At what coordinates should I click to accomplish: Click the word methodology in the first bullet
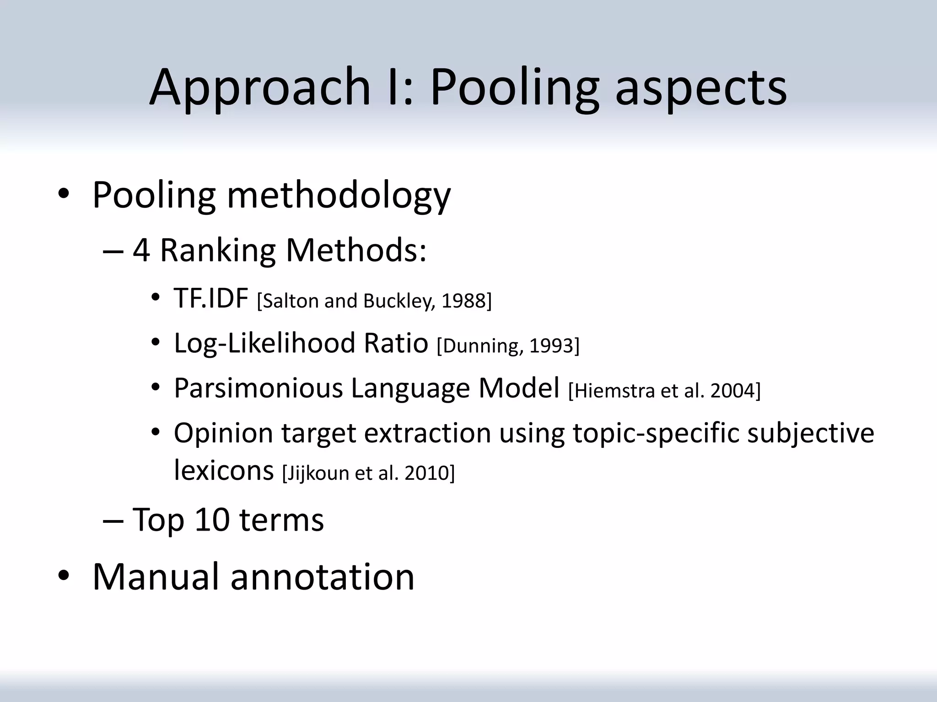[x=339, y=196]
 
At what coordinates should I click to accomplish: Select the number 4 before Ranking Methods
[x=141, y=250]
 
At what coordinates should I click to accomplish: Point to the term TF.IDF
[x=211, y=299]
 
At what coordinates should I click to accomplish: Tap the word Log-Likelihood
[x=264, y=343]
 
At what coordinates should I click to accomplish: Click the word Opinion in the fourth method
[x=223, y=433]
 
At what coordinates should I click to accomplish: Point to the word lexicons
[x=224, y=471]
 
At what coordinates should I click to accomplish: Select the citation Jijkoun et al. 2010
[x=369, y=473]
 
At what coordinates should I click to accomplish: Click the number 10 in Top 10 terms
[x=212, y=520]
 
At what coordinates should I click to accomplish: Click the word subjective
[x=810, y=433]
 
